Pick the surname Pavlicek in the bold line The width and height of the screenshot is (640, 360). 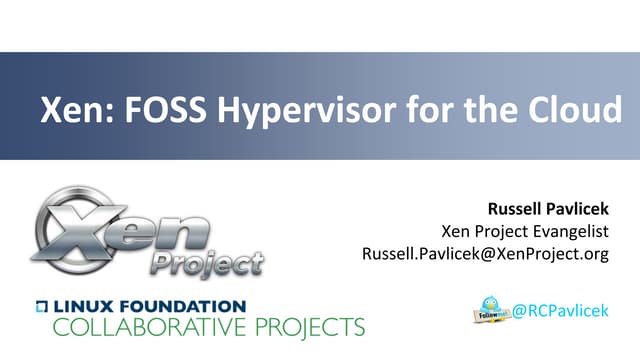(x=577, y=210)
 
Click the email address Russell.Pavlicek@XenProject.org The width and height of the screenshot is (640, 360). (x=485, y=254)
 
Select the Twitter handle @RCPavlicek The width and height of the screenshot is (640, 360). (x=567, y=311)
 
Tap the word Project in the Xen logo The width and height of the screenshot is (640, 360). (x=206, y=265)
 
